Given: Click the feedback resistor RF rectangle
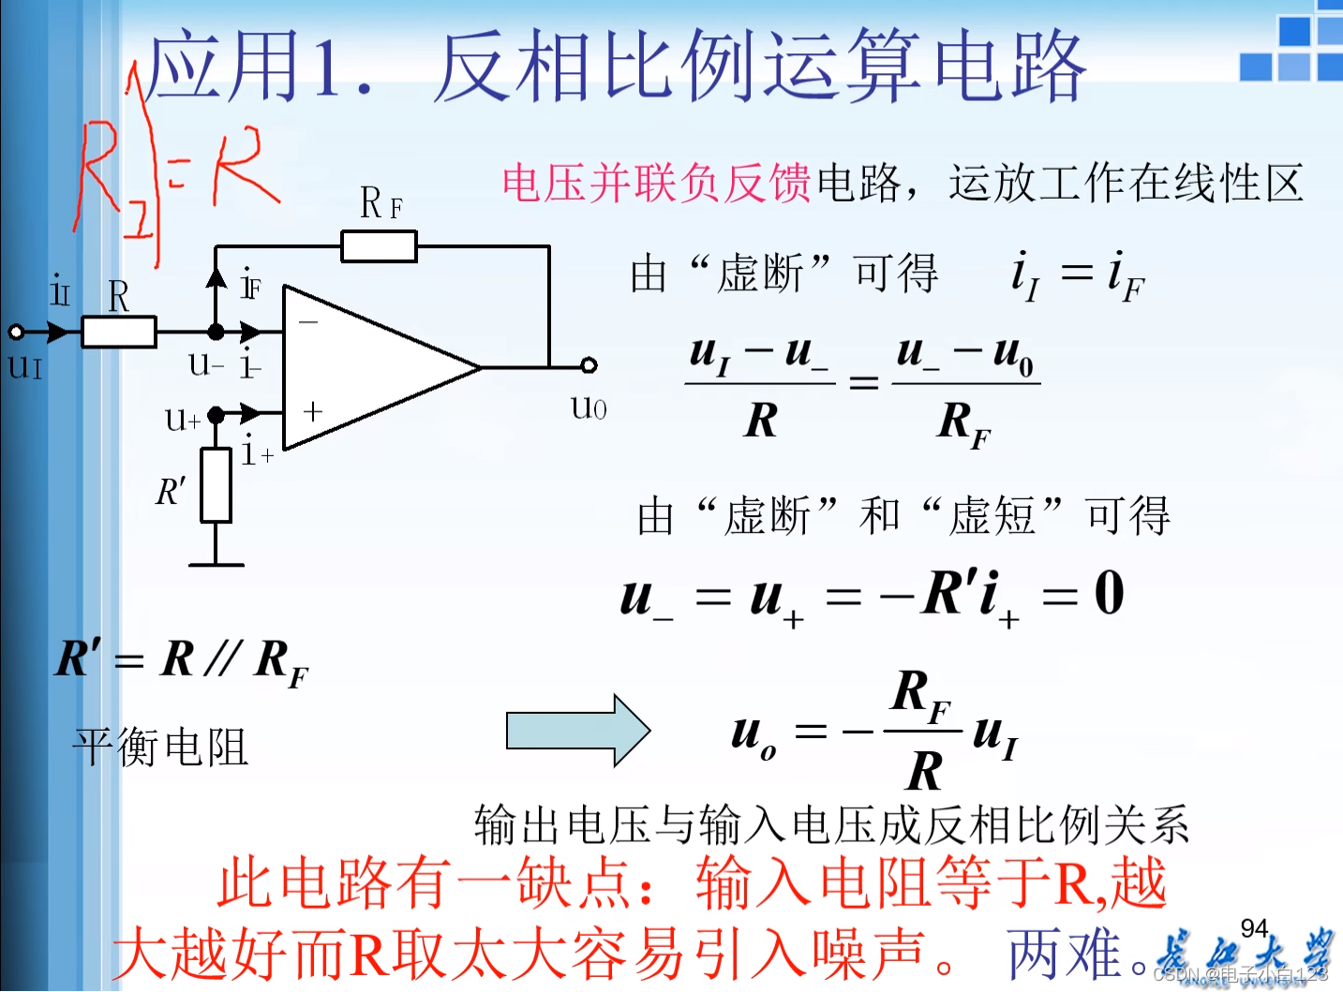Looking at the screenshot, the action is coord(379,247).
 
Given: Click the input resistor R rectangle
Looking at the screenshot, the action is coord(119,332).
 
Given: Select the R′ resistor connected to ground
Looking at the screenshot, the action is coord(216,485).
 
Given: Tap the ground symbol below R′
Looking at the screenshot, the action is coord(216,564).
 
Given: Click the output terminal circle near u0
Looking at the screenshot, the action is coord(589,365).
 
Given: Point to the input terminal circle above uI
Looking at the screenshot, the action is coord(16,332).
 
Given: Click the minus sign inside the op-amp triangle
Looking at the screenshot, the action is coord(308,322).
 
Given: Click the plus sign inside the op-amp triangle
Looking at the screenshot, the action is coord(313,410).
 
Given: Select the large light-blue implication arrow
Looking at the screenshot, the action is coord(577,731).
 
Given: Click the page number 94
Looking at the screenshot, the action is coord(1254,928).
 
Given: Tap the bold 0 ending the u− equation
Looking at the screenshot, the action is coord(1109,593).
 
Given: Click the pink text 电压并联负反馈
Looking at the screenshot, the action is coord(656,183).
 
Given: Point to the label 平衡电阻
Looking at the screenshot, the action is coord(160,748).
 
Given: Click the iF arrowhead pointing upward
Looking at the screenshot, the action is coord(216,276).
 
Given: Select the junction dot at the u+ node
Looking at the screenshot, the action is coord(216,414).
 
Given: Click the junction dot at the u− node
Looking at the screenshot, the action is coord(216,332).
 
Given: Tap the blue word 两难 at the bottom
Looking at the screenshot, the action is coord(1065,955).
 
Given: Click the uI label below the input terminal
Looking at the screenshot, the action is coord(25,365).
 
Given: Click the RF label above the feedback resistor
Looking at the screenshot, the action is coord(381,203).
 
